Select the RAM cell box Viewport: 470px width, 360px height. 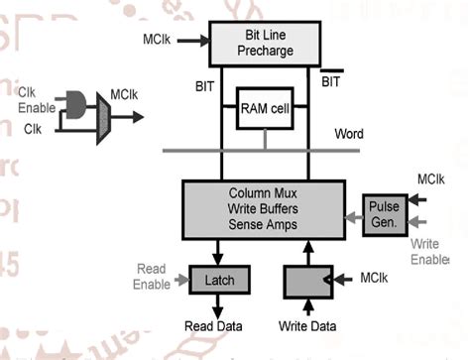point(264,112)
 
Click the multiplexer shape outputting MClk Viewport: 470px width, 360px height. point(103,117)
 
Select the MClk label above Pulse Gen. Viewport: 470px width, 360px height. point(429,180)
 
